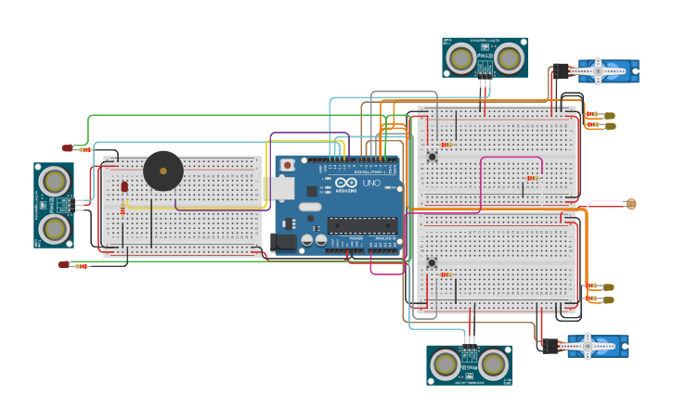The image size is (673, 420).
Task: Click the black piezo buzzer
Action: (162, 172)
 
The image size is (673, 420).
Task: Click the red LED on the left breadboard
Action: (124, 186)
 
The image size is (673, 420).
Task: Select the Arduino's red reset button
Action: (287, 165)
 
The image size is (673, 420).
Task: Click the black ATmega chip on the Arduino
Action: (361, 224)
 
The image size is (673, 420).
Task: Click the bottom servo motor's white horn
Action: (588, 347)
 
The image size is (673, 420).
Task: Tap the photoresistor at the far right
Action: (631, 203)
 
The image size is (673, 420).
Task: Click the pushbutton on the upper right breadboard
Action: (432, 157)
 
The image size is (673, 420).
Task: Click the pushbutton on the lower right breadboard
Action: (432, 263)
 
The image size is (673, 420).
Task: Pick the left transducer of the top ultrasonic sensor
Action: (460, 58)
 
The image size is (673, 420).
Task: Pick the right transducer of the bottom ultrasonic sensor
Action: (493, 364)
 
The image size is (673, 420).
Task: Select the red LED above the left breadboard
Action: (67, 148)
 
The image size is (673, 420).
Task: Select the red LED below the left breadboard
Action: (63, 265)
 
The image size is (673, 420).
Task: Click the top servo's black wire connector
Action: (561, 70)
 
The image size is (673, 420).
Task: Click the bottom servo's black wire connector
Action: (550, 346)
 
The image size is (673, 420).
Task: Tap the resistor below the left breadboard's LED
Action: (123, 210)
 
